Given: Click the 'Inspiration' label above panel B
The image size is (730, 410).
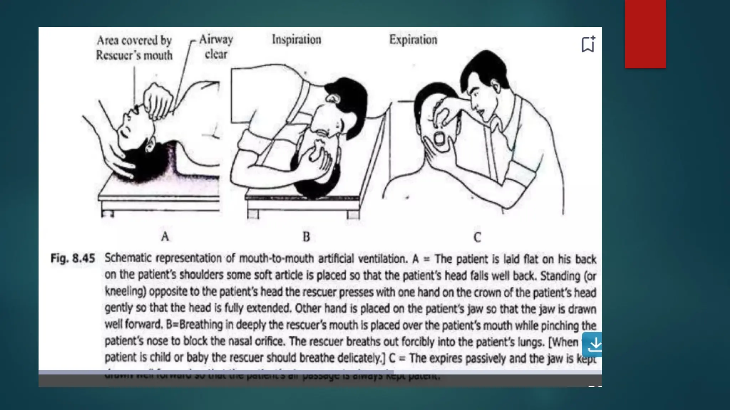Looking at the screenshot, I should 297,40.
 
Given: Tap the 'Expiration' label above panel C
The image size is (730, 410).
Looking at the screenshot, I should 413,40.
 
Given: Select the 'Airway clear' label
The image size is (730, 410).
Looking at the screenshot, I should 216,47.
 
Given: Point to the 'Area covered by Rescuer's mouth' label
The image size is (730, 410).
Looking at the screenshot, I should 134,48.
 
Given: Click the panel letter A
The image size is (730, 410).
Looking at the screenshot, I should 165,236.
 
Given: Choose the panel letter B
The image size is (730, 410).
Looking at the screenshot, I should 306,237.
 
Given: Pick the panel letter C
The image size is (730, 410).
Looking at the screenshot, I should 477,237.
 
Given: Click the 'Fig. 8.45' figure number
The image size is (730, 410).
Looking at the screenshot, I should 73,258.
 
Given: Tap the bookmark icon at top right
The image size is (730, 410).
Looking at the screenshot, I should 588,44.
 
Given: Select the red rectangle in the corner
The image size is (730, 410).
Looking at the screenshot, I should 645,34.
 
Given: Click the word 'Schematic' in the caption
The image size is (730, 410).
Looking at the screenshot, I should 128,258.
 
